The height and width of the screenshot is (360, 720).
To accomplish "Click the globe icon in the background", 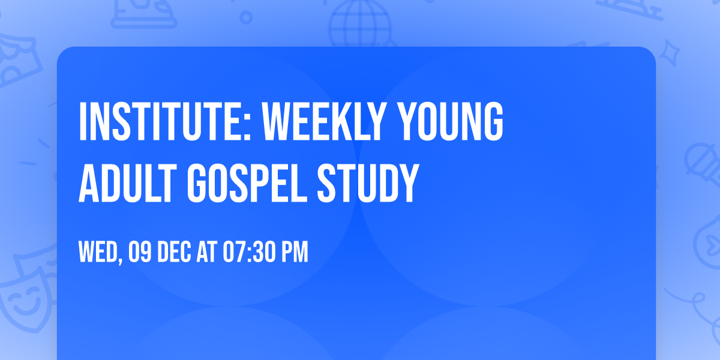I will tap(359, 24).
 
